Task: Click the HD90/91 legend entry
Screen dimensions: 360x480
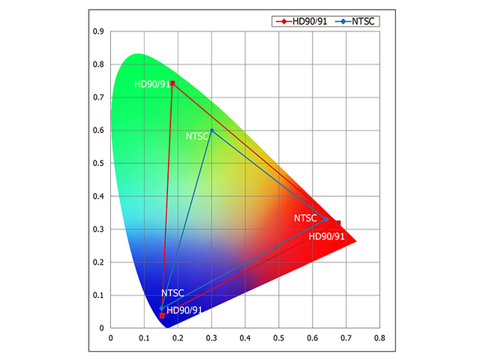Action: tap(302, 21)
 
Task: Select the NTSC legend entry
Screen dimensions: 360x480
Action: tap(358, 21)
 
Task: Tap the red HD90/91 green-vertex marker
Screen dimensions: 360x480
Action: tap(172, 83)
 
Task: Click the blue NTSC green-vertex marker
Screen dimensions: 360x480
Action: tap(212, 130)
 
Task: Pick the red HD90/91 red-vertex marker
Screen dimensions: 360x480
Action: tap(338, 223)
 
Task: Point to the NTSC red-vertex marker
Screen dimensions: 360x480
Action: tap(326, 219)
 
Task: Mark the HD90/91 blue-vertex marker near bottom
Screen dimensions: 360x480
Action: tap(162, 316)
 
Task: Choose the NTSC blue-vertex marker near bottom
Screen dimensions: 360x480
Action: tap(161, 308)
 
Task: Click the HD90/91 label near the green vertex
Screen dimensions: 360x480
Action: tap(151, 84)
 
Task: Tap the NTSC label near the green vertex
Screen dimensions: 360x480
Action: tap(197, 136)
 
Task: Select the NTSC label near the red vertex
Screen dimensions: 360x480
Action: tap(306, 218)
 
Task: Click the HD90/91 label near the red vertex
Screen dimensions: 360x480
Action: tap(327, 236)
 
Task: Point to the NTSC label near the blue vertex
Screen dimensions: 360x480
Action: tap(172, 293)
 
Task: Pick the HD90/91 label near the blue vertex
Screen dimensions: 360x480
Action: tap(184, 310)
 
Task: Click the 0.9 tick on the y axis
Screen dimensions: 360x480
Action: tap(97, 31)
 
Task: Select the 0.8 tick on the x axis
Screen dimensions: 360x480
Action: tap(379, 338)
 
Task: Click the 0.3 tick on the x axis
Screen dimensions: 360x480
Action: tap(211, 338)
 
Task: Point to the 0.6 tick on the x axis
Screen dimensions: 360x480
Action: tap(313, 338)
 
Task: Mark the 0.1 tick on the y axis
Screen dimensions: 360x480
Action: tap(97, 295)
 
